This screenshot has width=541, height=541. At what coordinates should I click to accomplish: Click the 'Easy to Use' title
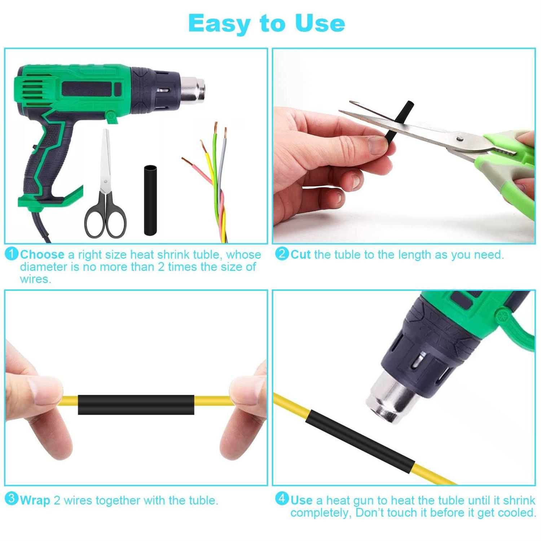[x=267, y=23]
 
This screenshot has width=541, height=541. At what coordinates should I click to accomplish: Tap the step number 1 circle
[x=12, y=254]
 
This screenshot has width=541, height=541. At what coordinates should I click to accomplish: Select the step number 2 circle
[x=282, y=254]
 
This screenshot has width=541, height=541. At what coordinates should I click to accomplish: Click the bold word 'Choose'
[x=42, y=255]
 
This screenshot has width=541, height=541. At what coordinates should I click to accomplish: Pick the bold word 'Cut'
[x=300, y=255]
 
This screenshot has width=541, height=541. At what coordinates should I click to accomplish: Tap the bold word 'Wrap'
[x=35, y=501]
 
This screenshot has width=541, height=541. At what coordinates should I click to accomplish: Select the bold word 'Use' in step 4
[x=302, y=501]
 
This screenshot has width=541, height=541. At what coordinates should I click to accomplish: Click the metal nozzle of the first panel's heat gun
[x=193, y=89]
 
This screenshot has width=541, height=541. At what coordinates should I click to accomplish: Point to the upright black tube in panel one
[x=150, y=200]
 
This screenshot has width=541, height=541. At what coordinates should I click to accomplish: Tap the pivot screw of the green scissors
[x=459, y=138]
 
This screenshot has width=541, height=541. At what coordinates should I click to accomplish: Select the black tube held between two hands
[x=136, y=405]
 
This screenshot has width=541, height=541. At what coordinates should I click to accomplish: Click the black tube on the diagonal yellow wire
[x=361, y=441]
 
